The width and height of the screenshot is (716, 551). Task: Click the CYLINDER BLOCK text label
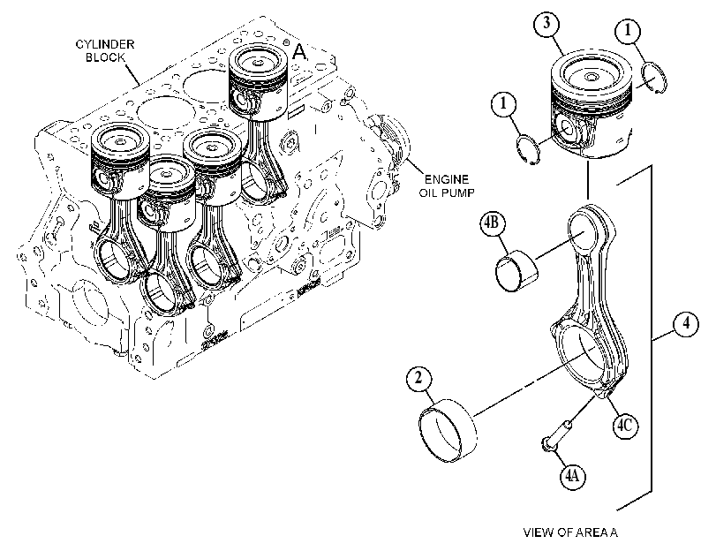[105, 50]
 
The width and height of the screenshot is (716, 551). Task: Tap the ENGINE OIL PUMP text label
[447, 185]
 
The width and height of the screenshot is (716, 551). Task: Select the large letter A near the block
[299, 52]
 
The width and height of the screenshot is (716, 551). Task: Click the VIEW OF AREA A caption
[570, 532]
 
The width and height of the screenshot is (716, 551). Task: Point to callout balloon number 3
[547, 24]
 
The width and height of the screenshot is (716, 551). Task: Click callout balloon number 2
[418, 379]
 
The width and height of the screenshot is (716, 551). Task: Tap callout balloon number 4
[686, 324]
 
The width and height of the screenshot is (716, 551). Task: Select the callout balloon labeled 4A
[573, 476]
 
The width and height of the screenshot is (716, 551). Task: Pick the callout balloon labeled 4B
[493, 223]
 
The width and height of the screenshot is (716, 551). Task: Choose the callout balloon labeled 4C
[625, 426]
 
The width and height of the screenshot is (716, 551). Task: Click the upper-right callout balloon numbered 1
[628, 31]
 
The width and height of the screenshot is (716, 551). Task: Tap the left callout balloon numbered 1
[503, 103]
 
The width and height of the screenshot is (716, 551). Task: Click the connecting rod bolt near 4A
[555, 438]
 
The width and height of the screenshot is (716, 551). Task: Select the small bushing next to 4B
[516, 269]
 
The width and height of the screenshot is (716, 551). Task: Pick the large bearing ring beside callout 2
[448, 430]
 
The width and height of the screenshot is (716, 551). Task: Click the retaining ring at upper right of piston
[654, 78]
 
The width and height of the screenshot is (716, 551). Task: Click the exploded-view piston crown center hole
[592, 77]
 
